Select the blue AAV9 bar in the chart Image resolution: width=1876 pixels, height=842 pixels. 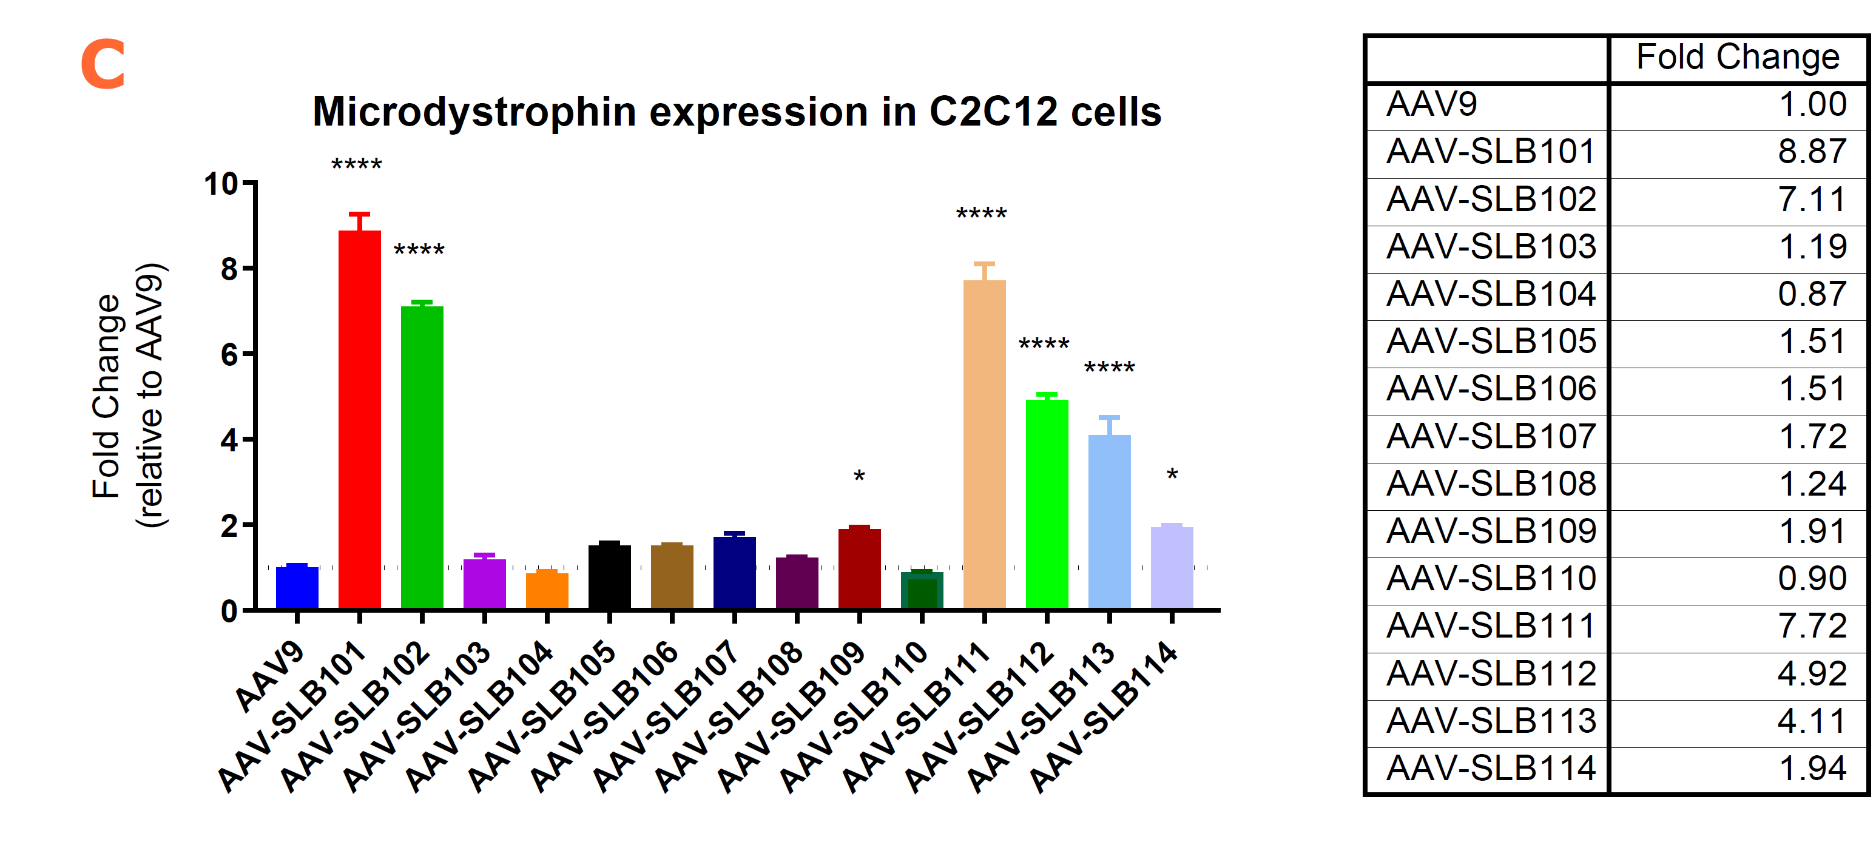pyautogui.click(x=297, y=587)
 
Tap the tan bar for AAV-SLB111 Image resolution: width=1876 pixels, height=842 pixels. pyautogui.click(x=984, y=444)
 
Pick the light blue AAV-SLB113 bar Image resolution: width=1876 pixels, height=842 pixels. pyautogui.click(x=1109, y=520)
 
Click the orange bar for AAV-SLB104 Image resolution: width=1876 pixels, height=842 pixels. pyautogui.click(x=547, y=590)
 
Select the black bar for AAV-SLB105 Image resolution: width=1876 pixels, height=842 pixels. pyautogui.click(x=610, y=576)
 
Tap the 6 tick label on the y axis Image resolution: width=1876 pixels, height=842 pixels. pyautogui.click(x=229, y=355)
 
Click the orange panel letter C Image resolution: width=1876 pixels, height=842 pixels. pyautogui.click(x=103, y=65)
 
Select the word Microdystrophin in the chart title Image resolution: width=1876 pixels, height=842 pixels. pyautogui.click(x=474, y=112)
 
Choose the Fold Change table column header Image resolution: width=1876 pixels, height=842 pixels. pyautogui.click(x=1738, y=58)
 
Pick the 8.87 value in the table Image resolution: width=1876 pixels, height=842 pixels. pyautogui.click(x=1811, y=152)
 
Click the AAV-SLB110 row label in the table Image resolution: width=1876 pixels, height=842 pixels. pyautogui.click(x=1491, y=578)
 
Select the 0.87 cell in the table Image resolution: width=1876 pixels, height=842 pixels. pyautogui.click(x=1811, y=294)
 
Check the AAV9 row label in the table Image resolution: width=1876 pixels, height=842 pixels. pyautogui.click(x=1432, y=104)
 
